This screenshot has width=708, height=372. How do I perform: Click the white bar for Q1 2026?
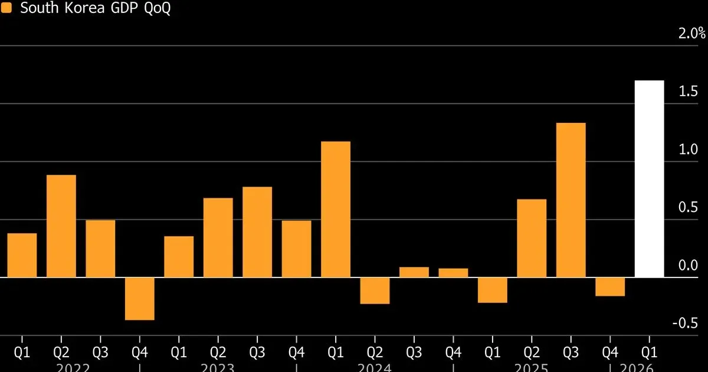[x=650, y=178]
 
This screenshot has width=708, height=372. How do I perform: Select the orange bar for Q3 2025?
[x=571, y=200]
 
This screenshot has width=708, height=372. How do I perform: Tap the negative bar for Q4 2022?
[x=140, y=298]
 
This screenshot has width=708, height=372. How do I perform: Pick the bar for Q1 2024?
[x=336, y=209]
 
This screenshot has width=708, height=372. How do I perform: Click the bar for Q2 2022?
[x=61, y=226]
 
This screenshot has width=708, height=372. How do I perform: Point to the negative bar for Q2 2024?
[x=375, y=290]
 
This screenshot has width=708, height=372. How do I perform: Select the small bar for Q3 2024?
[x=414, y=272]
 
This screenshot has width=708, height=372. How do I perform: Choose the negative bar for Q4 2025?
[x=610, y=286]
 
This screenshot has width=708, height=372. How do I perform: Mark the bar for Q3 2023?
[x=257, y=231]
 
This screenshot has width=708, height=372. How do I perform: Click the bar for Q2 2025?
[x=532, y=238]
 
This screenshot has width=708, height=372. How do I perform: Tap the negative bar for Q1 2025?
[x=493, y=289]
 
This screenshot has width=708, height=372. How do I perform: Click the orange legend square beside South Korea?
[x=8, y=10]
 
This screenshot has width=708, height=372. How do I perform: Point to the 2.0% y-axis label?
[x=692, y=33]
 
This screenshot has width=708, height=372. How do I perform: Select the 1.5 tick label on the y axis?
[x=689, y=92]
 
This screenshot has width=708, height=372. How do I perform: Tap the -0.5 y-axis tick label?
[x=687, y=323]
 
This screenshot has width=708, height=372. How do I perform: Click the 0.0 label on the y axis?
[x=689, y=265]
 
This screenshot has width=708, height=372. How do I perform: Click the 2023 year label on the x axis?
[x=218, y=367]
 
